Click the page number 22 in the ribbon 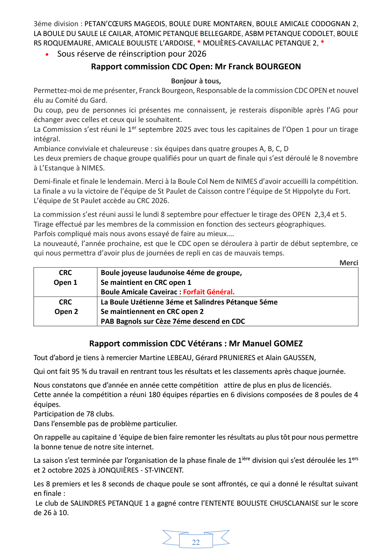[x=196, y=542]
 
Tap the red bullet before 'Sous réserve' [x=48, y=55]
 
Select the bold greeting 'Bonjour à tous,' [x=196, y=81]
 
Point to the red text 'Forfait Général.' [x=209, y=292]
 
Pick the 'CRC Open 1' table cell [x=66, y=278]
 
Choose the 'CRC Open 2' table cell [x=66, y=307]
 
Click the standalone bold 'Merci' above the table [x=349, y=263]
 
